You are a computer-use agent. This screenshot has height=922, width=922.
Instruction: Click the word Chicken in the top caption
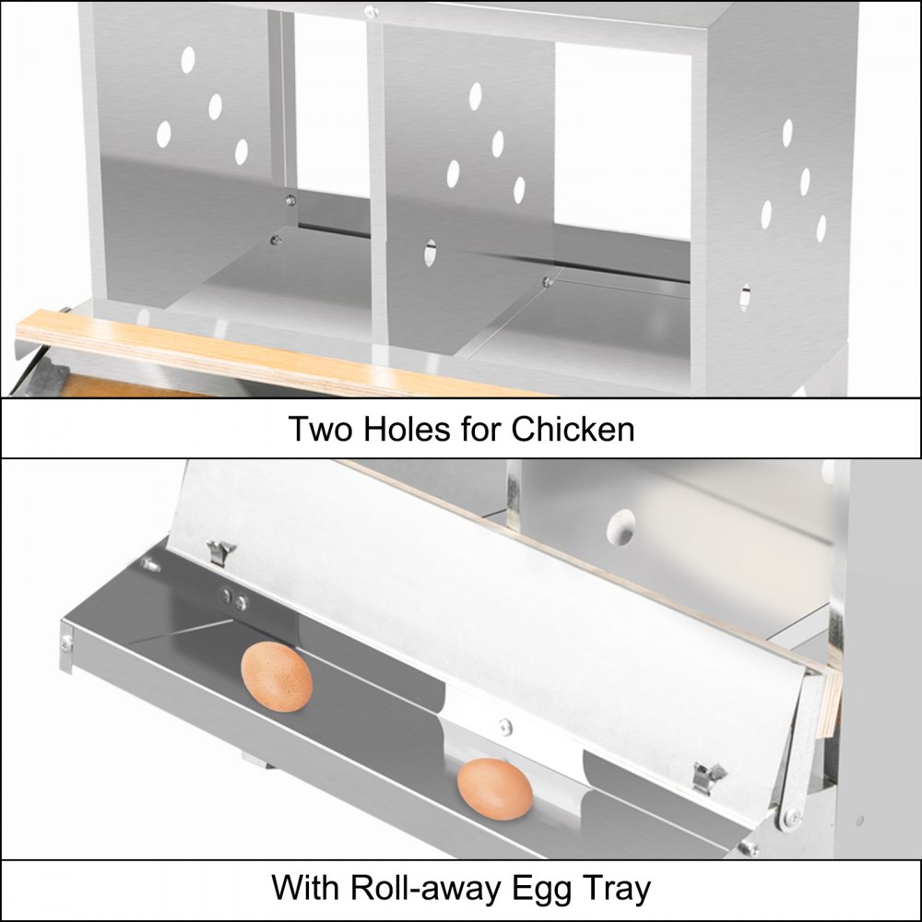(x=573, y=429)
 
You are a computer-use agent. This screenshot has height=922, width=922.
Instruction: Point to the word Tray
(x=617, y=888)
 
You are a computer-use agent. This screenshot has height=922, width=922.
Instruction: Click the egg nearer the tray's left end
(x=277, y=677)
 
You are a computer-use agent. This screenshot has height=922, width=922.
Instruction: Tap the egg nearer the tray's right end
(x=495, y=789)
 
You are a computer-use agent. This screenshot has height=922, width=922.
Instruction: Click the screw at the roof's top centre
(x=371, y=11)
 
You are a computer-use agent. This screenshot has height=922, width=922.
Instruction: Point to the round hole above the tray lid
(x=621, y=526)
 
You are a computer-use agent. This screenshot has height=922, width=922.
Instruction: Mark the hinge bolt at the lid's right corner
(x=790, y=815)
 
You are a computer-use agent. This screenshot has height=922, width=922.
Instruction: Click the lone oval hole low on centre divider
(x=431, y=253)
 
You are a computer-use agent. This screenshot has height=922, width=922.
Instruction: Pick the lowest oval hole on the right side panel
(x=745, y=297)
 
